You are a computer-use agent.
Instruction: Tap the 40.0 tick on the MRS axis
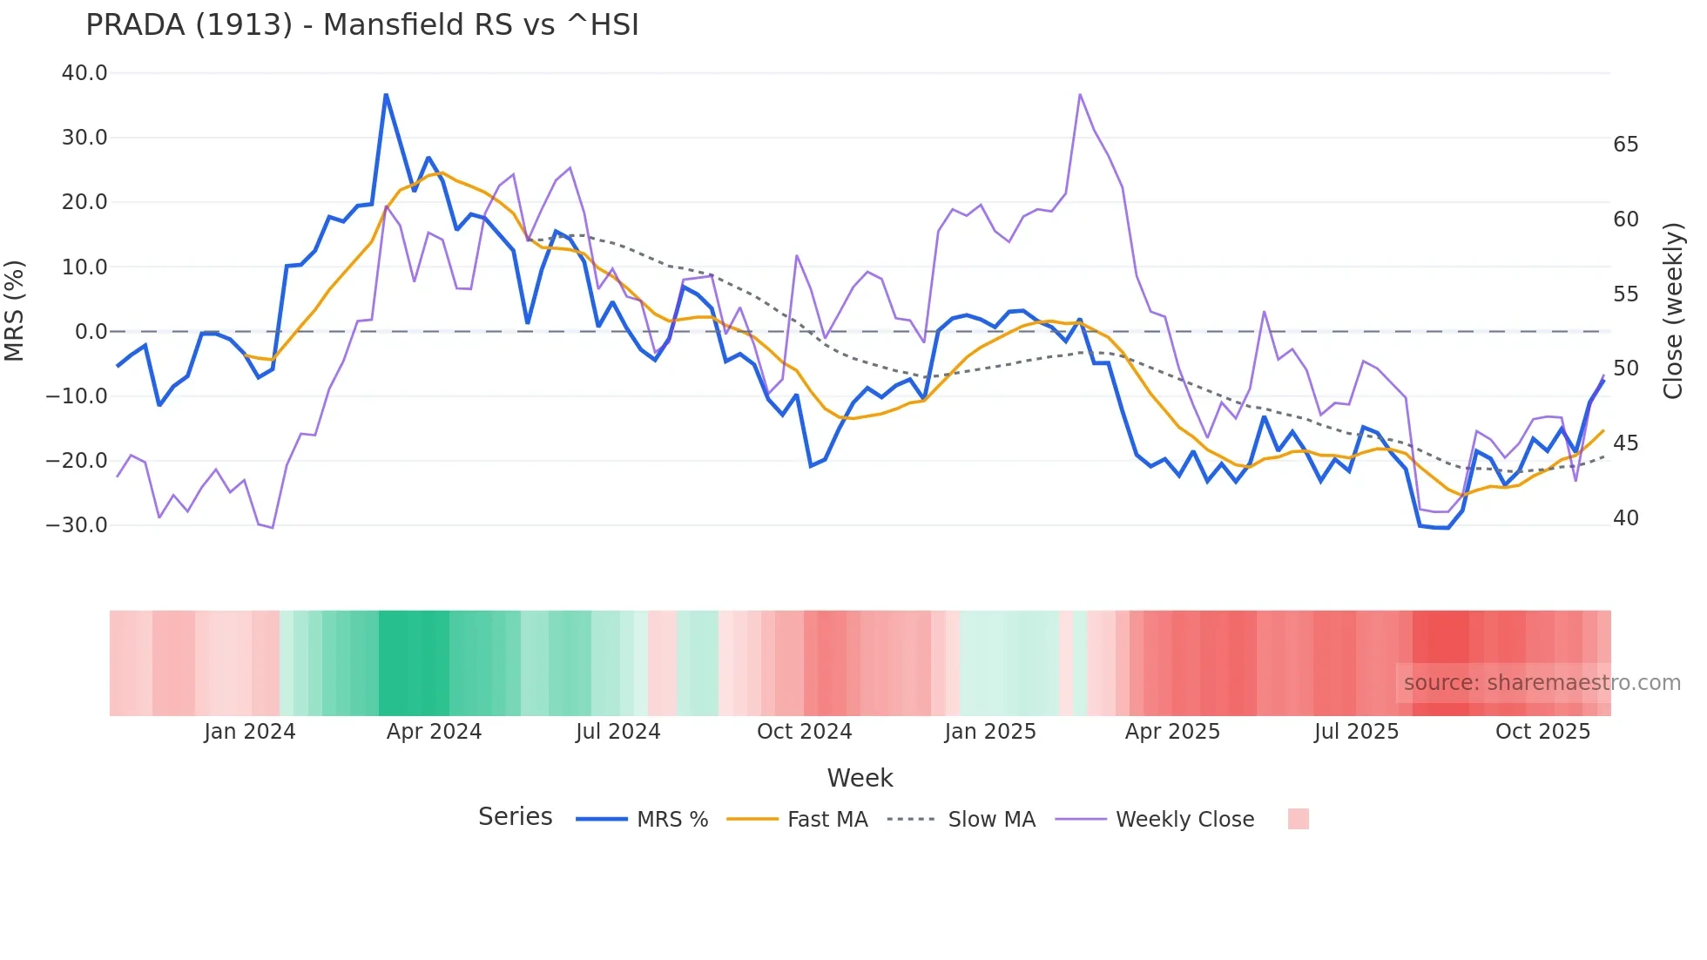point(84,73)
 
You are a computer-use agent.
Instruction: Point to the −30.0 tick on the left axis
point(78,525)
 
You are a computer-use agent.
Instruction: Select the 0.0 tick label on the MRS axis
point(91,332)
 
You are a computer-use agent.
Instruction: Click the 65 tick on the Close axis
point(1625,145)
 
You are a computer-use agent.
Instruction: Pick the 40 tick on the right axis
point(1625,518)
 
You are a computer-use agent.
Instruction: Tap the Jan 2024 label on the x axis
point(250,732)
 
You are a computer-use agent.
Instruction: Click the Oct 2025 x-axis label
point(1542,732)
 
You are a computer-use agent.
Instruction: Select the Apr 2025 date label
point(1172,732)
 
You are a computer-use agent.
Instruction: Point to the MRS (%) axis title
point(15,310)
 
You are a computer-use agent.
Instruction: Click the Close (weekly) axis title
point(1673,310)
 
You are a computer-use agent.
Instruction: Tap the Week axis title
point(860,778)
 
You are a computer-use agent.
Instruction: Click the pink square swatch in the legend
point(1298,819)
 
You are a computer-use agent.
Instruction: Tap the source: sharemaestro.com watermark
point(1542,683)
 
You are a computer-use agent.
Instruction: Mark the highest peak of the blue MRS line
point(386,94)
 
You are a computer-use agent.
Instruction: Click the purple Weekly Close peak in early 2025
point(1080,94)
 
